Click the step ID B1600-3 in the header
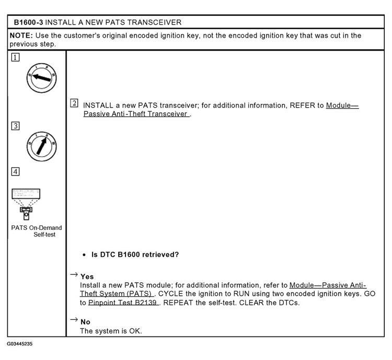(x=28, y=22)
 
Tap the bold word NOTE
(x=21, y=36)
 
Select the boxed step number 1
(x=15, y=57)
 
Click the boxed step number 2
(x=74, y=103)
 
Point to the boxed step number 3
(x=15, y=126)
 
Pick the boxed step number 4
(x=15, y=172)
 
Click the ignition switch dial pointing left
(x=41, y=78)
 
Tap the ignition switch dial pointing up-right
(x=41, y=146)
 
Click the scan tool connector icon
(x=26, y=204)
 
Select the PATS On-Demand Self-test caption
(x=37, y=231)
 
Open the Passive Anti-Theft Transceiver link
(x=221, y=110)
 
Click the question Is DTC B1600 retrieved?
(x=135, y=254)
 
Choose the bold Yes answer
(x=87, y=276)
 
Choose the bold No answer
(x=85, y=322)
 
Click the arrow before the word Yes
(x=74, y=274)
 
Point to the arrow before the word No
(x=74, y=319)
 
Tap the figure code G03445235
(x=19, y=344)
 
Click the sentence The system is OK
(x=111, y=331)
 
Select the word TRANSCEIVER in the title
(x=154, y=22)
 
